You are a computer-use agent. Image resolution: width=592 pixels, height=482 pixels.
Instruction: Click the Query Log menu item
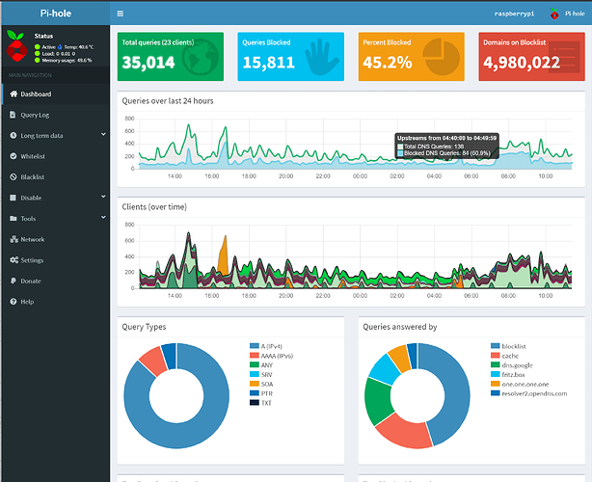pos(37,115)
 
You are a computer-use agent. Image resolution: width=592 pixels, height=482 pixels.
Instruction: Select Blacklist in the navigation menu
pos(33,177)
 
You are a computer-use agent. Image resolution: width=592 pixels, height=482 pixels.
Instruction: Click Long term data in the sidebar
pos(42,136)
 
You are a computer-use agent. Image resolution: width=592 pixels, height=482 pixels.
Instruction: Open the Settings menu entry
pos(32,260)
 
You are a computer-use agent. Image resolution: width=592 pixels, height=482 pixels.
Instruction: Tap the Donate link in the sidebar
pos(31,281)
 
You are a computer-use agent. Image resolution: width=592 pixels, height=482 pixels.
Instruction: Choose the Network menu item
pos(32,239)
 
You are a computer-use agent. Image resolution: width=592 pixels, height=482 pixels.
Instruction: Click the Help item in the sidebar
pos(28,302)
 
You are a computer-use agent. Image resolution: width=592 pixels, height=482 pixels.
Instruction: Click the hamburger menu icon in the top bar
pos(120,14)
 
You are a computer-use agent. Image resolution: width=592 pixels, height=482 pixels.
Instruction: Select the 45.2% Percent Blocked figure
pos(387,63)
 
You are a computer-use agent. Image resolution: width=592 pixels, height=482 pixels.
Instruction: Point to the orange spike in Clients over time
pos(224,253)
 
